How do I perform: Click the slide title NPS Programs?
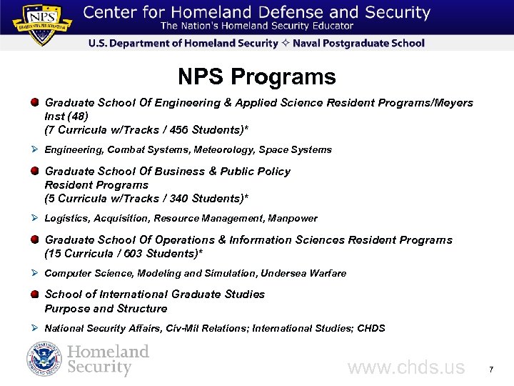pos(256,76)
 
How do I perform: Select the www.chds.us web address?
pos(405,368)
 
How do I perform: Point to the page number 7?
pos(490,370)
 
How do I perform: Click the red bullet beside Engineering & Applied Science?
pos(34,103)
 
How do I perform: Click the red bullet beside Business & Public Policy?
pos(34,172)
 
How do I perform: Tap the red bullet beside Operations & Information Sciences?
pos(34,240)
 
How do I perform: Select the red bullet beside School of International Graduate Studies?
pos(34,295)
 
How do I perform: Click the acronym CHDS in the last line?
pos(371,328)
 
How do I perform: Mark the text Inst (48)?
pos(66,116)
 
